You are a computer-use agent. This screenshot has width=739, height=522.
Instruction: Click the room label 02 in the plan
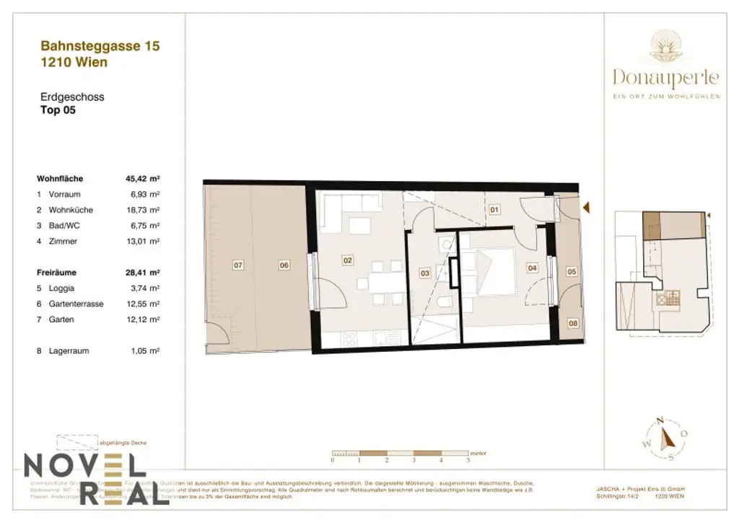coord(347,260)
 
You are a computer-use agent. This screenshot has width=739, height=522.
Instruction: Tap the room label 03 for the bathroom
coord(424,273)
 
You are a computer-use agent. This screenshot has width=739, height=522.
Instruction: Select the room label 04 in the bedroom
coord(533,268)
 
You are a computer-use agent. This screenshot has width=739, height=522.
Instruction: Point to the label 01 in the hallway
coord(494,211)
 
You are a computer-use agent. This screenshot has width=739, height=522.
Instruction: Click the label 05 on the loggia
coord(571,272)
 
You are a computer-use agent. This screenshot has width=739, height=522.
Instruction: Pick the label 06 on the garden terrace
coord(284,265)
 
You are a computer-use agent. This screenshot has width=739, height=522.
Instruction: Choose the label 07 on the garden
coord(238,265)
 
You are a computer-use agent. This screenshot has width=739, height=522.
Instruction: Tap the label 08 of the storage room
coord(572,324)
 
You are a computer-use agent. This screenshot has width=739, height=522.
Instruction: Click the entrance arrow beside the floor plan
coord(587,208)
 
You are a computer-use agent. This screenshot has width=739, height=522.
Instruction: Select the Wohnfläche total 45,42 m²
coord(142,178)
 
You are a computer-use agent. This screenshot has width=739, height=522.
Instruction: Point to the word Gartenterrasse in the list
coord(76,304)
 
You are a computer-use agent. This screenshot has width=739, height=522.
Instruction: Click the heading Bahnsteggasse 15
coord(100,46)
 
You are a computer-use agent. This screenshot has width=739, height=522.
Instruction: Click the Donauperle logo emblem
coord(665,48)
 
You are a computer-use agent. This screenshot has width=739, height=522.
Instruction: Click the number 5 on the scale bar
coord(468,459)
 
